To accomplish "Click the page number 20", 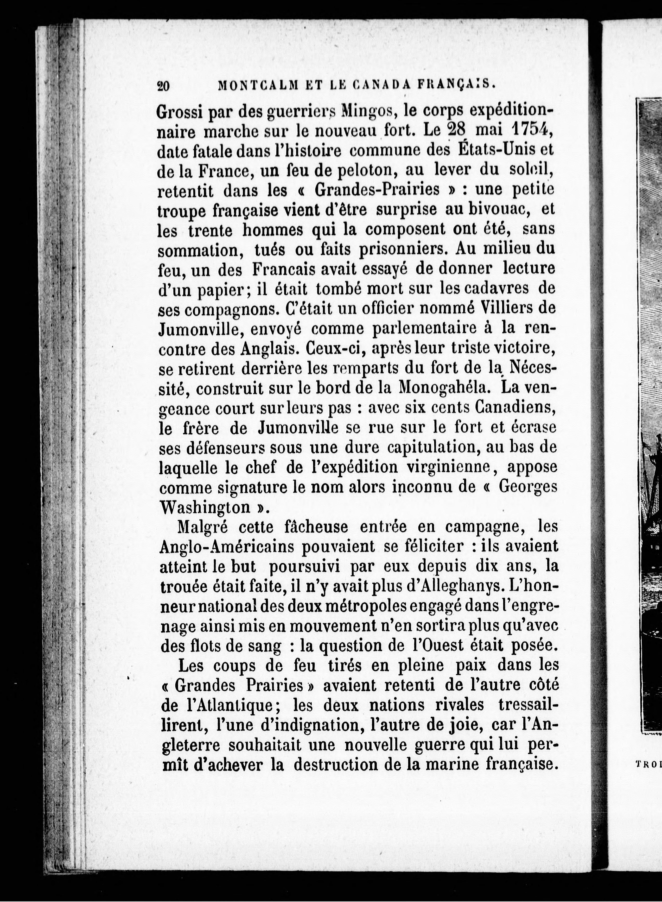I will pos(164,87).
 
